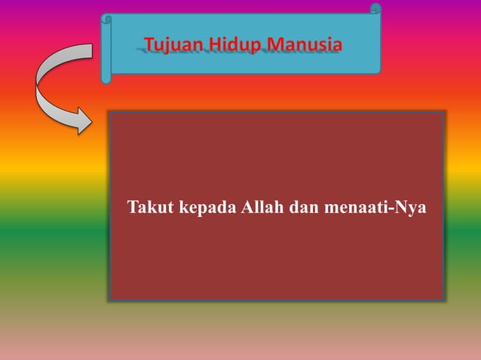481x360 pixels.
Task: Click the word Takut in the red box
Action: point(151,206)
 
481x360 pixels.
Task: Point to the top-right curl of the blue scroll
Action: point(375,9)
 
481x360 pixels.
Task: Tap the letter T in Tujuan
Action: point(149,45)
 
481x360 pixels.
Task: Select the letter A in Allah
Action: point(246,206)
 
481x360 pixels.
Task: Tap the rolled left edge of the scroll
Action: point(106,49)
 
